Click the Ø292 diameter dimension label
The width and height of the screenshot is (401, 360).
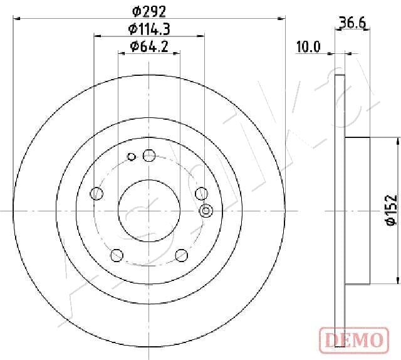coord(149,11)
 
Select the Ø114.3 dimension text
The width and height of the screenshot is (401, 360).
coord(149,29)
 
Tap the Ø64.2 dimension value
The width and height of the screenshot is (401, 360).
coord(149,46)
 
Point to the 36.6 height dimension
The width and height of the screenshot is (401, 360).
coord(352,23)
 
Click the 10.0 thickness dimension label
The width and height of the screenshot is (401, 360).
coord(308,47)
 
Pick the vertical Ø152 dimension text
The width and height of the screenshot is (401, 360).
coord(391,210)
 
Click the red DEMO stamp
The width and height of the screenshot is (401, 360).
coord(354,341)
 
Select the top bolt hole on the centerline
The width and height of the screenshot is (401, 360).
coord(149,156)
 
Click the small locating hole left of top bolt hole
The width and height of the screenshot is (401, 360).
coord(131,156)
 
